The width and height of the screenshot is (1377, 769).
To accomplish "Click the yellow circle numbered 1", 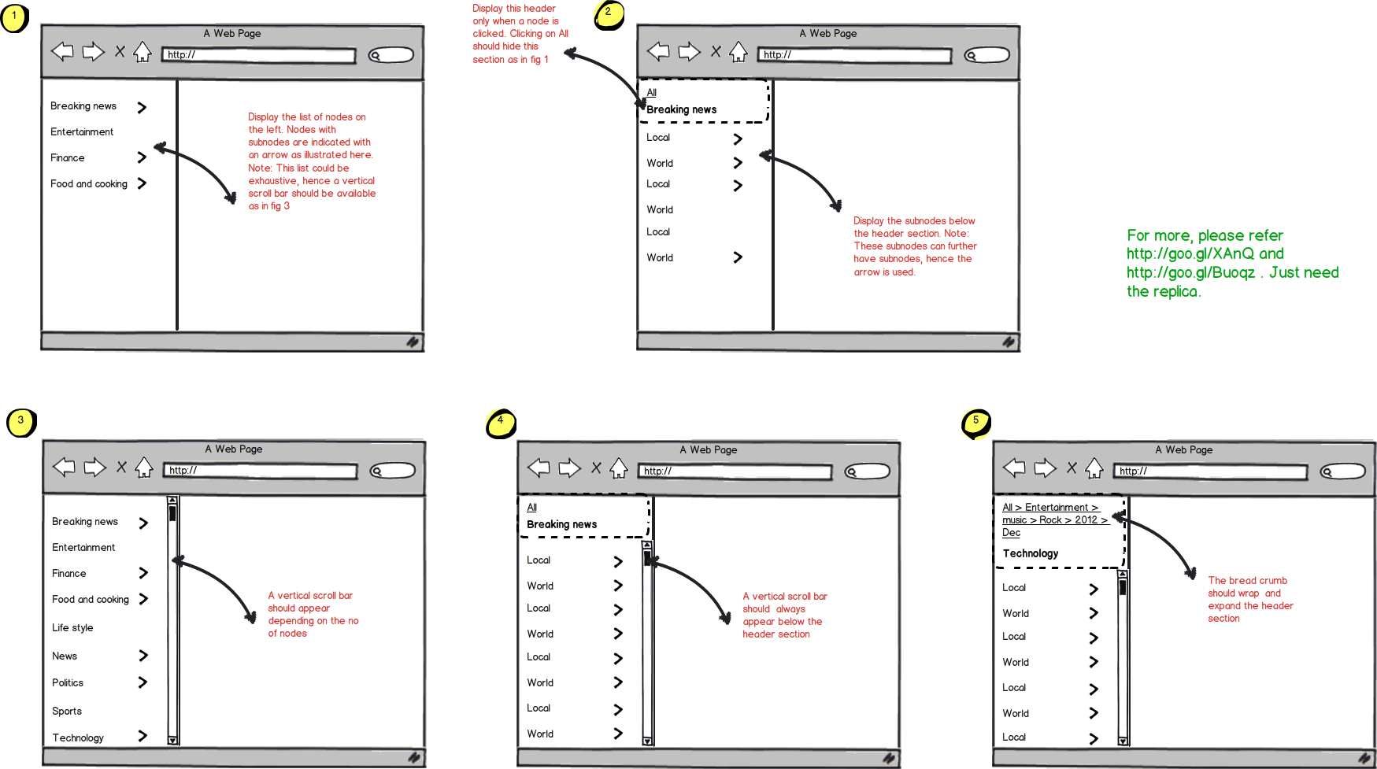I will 14,17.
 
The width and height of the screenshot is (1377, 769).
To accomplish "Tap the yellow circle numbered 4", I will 501,423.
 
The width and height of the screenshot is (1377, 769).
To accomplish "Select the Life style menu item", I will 72,628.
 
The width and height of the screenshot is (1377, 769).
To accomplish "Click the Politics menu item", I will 68,683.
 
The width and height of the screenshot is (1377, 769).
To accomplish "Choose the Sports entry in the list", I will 67,712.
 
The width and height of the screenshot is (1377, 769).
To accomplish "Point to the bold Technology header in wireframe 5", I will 1031,554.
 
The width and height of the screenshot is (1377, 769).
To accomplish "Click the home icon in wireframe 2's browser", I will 738,53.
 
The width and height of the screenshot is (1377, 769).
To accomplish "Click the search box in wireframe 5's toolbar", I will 1343,471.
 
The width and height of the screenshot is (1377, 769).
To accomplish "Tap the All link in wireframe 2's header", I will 652,93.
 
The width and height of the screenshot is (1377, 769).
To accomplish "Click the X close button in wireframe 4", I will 596,468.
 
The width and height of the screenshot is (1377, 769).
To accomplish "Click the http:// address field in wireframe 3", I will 261,471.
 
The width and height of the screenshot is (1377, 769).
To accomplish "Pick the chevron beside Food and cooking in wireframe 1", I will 142,183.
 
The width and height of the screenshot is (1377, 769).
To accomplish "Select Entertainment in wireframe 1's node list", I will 82,132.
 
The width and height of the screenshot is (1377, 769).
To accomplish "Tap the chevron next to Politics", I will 143,682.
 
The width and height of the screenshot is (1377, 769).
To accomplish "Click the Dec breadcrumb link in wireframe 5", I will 1011,533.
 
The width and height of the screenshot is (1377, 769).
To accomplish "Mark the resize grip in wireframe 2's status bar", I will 1009,342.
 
